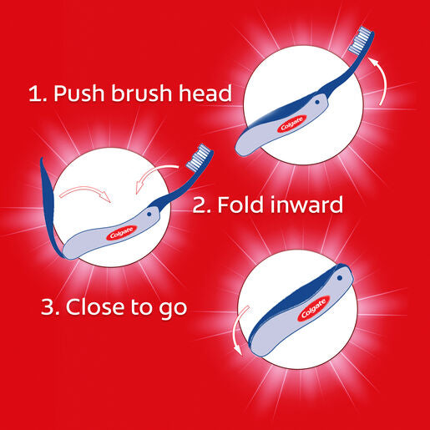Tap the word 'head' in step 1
tap(205, 93)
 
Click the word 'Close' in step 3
tap(95, 306)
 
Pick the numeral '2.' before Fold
tap(202, 205)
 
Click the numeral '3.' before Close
tap(50, 307)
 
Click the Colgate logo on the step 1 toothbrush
tap(291, 124)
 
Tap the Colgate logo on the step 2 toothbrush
tap(122, 233)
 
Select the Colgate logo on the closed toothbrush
tap(314, 308)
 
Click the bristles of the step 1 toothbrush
tap(359, 40)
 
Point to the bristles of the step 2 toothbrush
tap(198, 157)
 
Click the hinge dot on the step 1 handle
tap(317, 102)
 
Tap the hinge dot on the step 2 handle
tap(149, 215)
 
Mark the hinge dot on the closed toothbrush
tap(340, 278)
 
